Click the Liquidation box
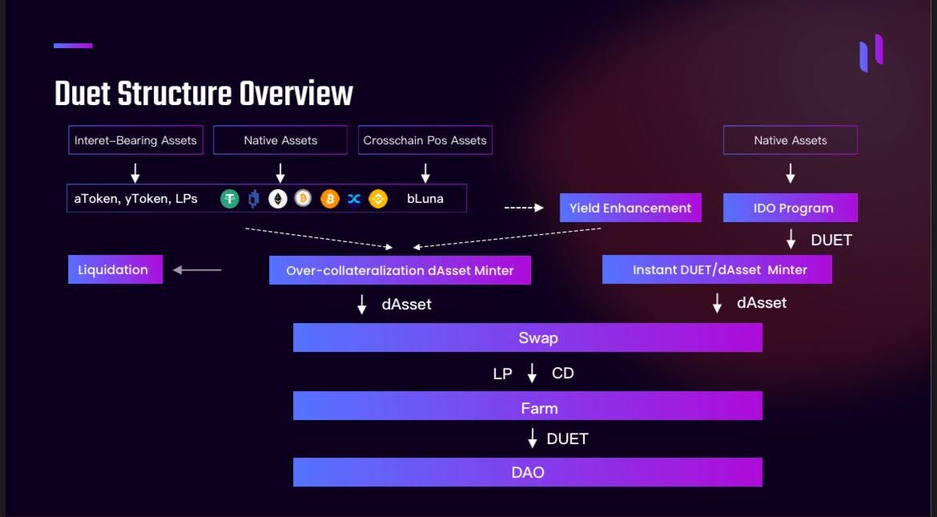pos(115,270)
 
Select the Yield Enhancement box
pos(630,208)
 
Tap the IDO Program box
pos(790,208)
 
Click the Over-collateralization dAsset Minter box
pos(400,270)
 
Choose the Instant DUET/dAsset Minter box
pos(717,270)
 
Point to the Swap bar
pos(527,337)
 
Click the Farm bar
pos(527,408)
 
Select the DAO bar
pos(527,472)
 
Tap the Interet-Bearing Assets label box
pos(135,140)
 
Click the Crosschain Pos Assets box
pos(424,140)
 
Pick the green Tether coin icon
pos(230,199)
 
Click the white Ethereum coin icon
pos(278,199)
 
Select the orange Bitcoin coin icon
pos(330,199)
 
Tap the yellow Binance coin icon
pos(378,199)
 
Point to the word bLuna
pos(425,199)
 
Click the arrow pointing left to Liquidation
pos(197,270)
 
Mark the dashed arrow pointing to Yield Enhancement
pos(524,208)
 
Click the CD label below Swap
pos(562,374)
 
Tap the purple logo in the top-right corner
pos(871,53)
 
